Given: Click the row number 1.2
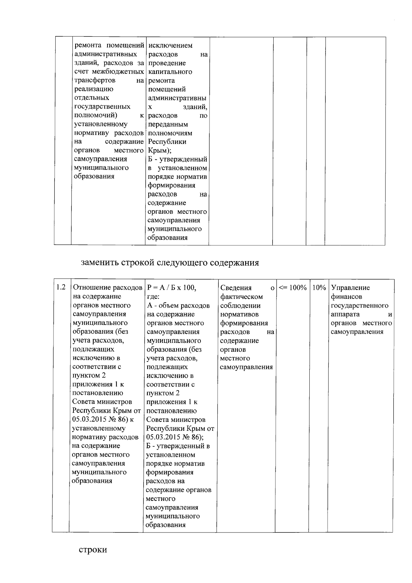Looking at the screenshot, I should point(61,287).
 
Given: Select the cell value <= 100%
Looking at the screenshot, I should point(293,288).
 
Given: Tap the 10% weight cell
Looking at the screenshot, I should point(319,288).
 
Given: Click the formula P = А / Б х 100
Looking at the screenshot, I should point(171,288).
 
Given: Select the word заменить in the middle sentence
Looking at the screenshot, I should point(99,263).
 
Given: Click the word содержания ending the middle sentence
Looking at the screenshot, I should point(234,263).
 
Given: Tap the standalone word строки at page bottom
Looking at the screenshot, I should point(93,549).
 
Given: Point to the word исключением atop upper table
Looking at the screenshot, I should point(170,45).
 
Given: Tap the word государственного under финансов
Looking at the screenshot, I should point(359,305).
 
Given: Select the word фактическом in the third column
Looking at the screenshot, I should point(241,296).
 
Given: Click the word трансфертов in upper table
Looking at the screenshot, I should point(95,80).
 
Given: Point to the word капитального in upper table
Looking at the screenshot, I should point(170,72).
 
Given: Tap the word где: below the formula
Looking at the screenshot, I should point(153,296).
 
